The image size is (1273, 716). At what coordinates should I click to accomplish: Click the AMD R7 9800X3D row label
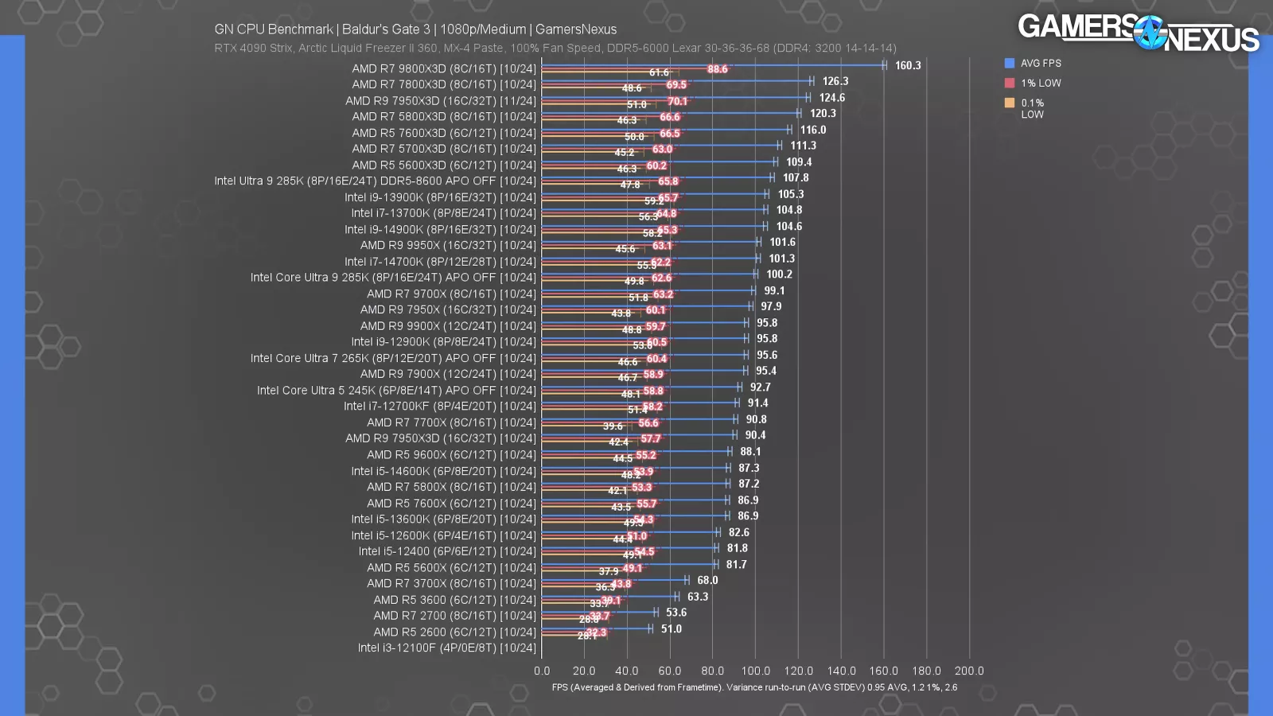444,68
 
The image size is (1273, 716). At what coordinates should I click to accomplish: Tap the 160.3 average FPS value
908,65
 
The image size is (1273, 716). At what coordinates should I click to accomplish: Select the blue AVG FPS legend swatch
1010,63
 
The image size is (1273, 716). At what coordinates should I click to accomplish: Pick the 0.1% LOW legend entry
1033,108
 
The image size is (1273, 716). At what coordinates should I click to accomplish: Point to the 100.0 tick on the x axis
755,671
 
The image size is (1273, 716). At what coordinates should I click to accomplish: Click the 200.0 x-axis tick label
969,671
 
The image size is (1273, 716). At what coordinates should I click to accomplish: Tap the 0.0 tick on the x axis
542,671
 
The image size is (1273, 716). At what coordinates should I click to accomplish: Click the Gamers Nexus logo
1138,33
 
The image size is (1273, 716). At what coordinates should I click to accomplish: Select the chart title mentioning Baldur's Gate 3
415,29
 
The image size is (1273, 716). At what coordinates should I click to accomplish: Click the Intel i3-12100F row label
447,648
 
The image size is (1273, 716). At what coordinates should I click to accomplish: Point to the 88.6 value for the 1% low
717,69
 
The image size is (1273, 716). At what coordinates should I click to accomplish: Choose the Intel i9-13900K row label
440,197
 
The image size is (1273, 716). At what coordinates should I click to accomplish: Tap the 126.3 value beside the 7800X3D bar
835,81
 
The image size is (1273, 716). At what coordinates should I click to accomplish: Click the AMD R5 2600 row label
455,632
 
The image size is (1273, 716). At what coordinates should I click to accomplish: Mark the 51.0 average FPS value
672,628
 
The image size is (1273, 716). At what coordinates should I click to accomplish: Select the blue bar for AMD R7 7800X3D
676,80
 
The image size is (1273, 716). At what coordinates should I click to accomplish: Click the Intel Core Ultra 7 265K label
393,358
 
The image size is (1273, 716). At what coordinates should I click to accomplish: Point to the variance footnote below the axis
754,687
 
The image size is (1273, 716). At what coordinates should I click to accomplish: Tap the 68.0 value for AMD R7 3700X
707,580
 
